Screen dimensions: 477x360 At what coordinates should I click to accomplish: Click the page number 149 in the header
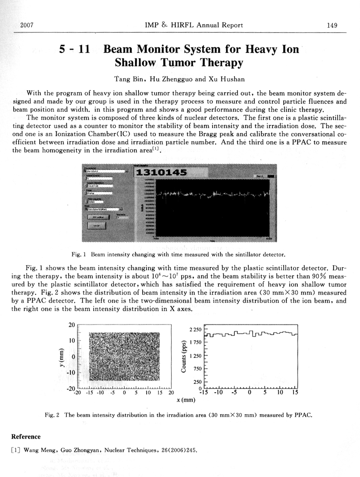tap(332, 25)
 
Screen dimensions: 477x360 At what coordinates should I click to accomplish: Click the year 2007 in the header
tap(27, 25)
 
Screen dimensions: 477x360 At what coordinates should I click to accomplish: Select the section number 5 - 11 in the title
tap(74, 49)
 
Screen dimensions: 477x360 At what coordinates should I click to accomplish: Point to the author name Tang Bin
tap(129, 79)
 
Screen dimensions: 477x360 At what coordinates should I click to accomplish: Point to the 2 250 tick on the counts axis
tap(195, 330)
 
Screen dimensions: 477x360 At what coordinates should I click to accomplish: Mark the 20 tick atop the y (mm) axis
tap(72, 325)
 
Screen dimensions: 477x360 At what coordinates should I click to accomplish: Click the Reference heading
tap(26, 437)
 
